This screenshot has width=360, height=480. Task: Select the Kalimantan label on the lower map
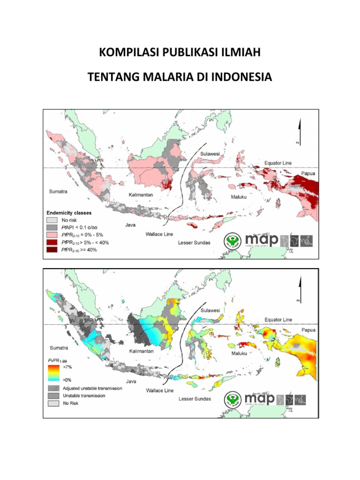[141, 351]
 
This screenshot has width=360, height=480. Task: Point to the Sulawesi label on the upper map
[210, 154]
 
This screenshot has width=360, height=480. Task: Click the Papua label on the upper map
[308, 173]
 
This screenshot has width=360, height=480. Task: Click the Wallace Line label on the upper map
[159, 233]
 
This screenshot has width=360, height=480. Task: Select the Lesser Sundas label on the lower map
[195, 400]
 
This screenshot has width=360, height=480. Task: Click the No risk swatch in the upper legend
[51, 219]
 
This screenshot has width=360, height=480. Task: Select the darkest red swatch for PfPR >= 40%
[51, 249]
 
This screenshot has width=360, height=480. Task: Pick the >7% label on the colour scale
[66, 367]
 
